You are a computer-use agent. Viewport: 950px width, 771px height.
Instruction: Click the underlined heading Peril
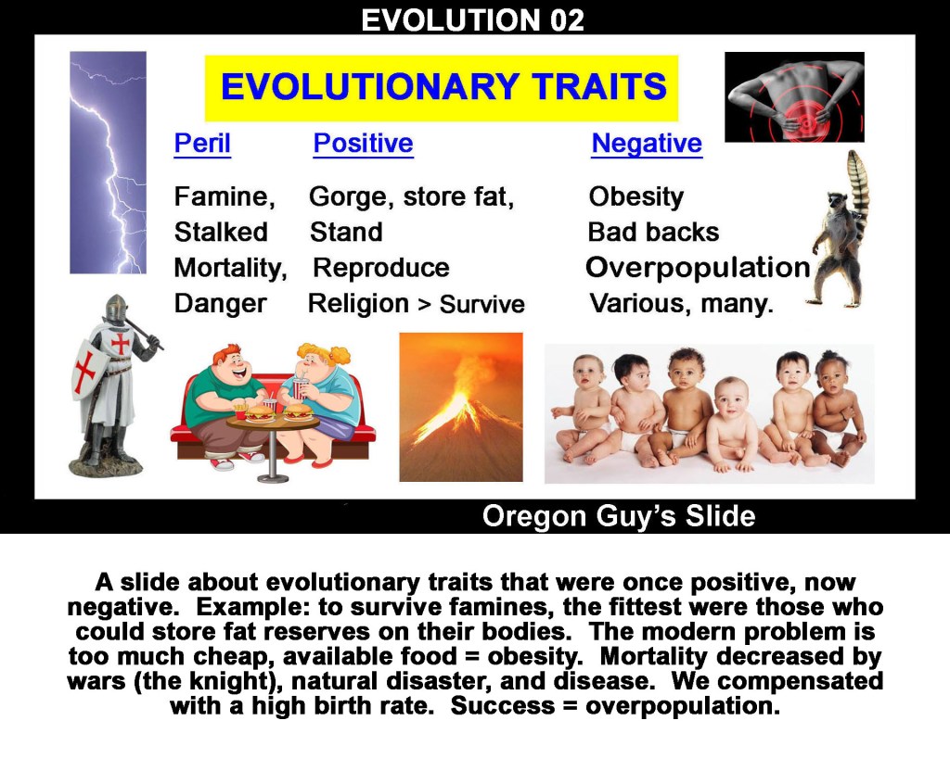[x=202, y=144]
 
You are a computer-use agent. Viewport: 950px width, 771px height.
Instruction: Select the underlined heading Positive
[x=363, y=144]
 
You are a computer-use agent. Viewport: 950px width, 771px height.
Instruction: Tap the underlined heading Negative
[x=647, y=144]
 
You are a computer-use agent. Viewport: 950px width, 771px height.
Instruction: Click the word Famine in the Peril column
[x=221, y=196]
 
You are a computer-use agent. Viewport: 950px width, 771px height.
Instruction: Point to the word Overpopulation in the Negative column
[x=698, y=268]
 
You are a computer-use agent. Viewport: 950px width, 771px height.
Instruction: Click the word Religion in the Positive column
[x=359, y=304]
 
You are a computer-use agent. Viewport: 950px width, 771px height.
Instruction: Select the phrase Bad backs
[x=654, y=232]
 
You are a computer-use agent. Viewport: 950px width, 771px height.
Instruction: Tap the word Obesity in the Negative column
[x=636, y=196]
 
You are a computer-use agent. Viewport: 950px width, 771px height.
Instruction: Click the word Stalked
[x=221, y=232]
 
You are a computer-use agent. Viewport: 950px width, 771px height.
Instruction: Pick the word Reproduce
[x=381, y=268]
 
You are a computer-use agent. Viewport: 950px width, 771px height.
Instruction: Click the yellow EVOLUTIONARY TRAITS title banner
[x=441, y=88]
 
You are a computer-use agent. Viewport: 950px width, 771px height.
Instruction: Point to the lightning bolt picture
[x=108, y=162]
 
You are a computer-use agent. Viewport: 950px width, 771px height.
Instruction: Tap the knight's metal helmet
[x=116, y=308]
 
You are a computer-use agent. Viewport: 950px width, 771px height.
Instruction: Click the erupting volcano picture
[x=461, y=407]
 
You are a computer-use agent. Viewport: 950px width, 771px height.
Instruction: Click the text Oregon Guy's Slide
[x=619, y=517]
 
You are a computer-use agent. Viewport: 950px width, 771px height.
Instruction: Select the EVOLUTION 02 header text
[x=472, y=19]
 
